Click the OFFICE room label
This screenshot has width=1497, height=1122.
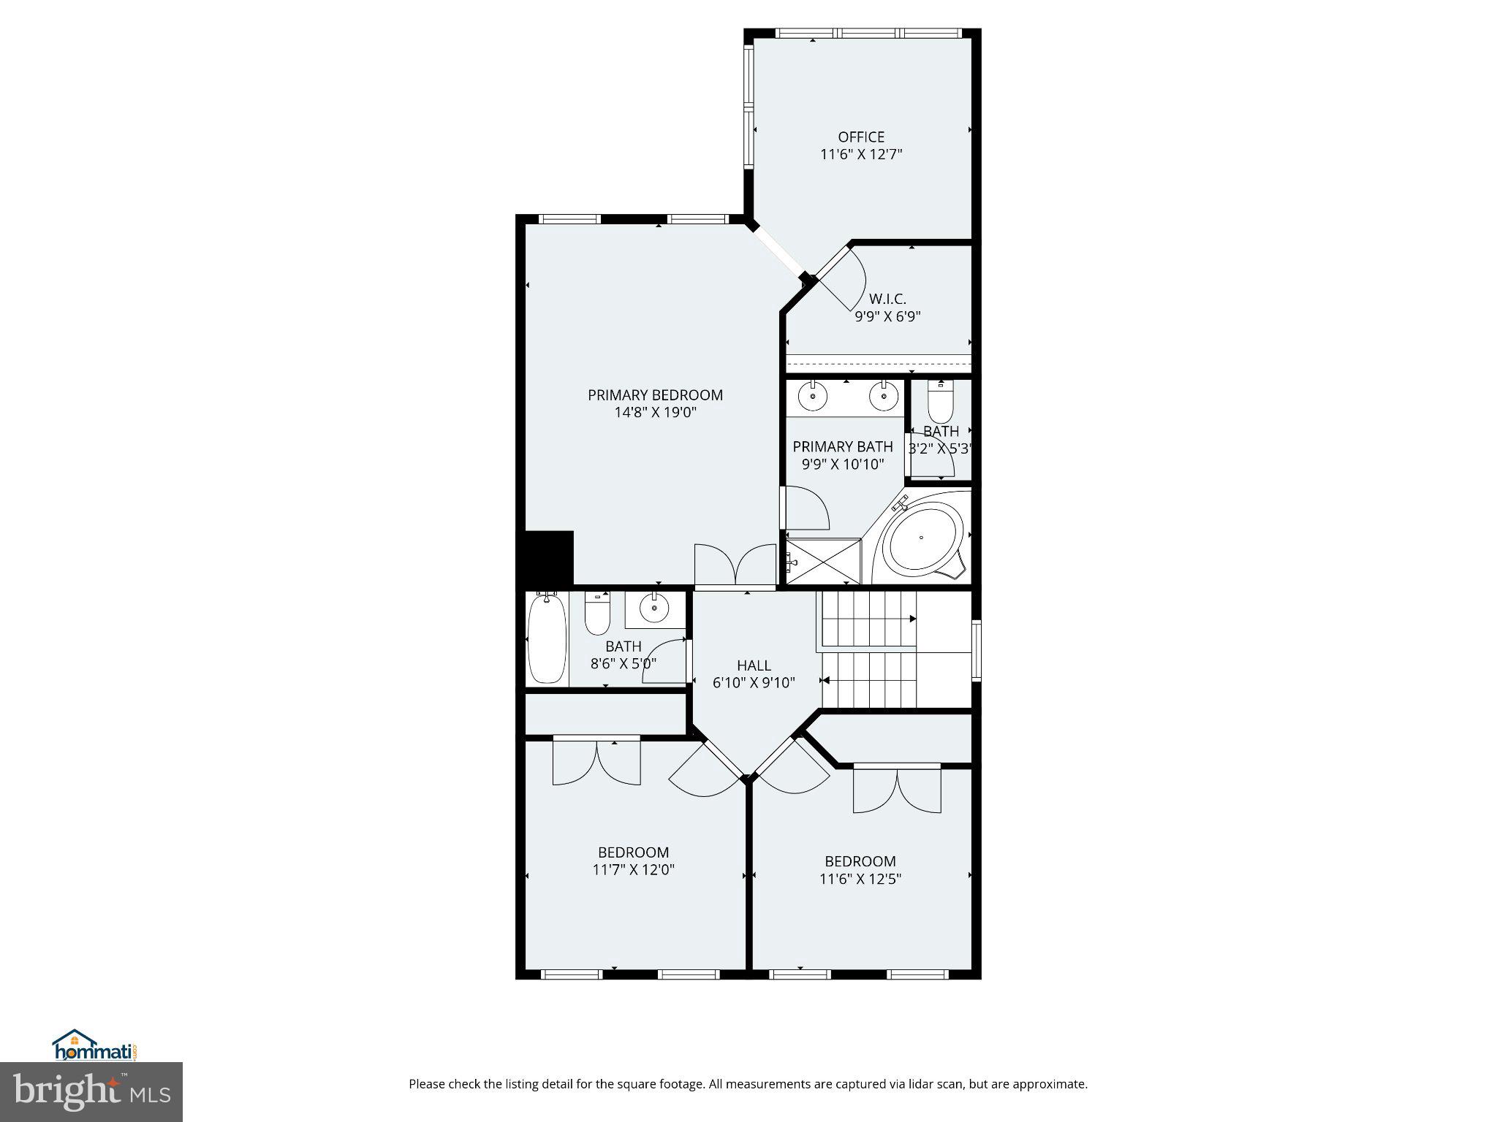point(861,137)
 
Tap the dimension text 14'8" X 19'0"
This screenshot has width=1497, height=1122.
point(655,413)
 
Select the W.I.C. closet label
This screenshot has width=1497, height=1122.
point(887,299)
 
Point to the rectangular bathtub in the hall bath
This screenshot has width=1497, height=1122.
point(547,638)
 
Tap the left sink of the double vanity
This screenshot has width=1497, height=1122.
point(812,397)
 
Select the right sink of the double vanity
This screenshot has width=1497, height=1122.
point(883,397)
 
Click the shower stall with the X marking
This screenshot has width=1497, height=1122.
point(824,561)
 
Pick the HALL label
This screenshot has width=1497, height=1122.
point(754,665)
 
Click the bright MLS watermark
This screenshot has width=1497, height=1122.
point(91,1091)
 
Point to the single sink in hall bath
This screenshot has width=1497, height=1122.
point(654,606)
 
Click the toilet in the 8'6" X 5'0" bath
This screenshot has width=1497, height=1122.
point(597,617)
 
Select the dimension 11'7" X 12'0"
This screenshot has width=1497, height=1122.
point(633,870)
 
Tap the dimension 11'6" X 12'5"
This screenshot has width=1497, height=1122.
point(860,879)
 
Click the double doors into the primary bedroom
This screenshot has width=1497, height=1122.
point(735,566)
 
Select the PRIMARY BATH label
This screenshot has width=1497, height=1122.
point(843,446)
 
